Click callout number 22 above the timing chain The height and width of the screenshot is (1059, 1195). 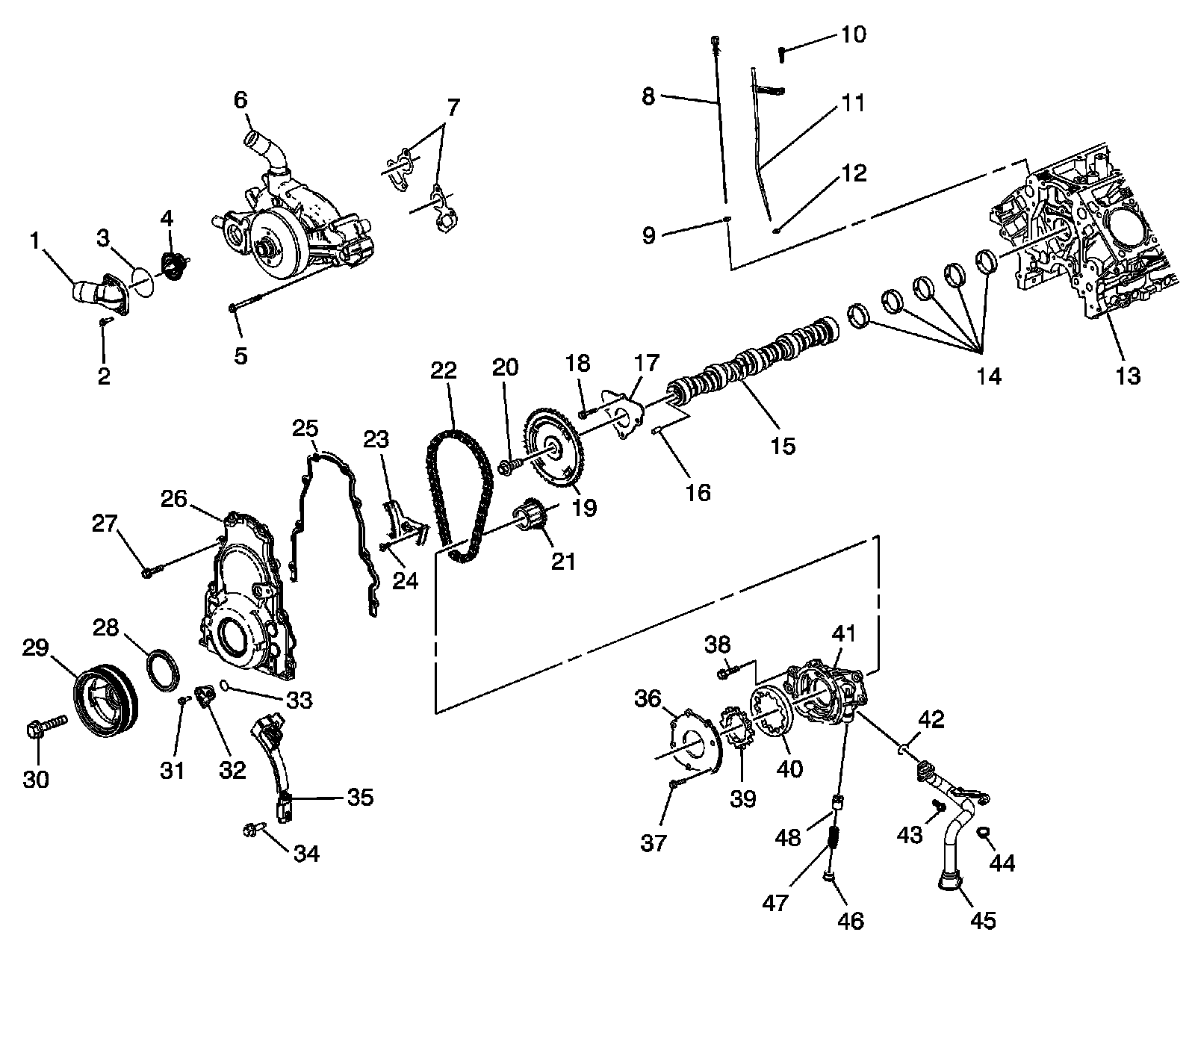[443, 371]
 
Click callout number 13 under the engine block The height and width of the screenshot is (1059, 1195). [1128, 376]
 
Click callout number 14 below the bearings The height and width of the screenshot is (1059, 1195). [989, 376]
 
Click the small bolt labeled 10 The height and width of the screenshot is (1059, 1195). [782, 53]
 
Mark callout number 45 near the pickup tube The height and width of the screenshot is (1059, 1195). [983, 921]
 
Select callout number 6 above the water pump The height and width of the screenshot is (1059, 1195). [240, 99]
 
